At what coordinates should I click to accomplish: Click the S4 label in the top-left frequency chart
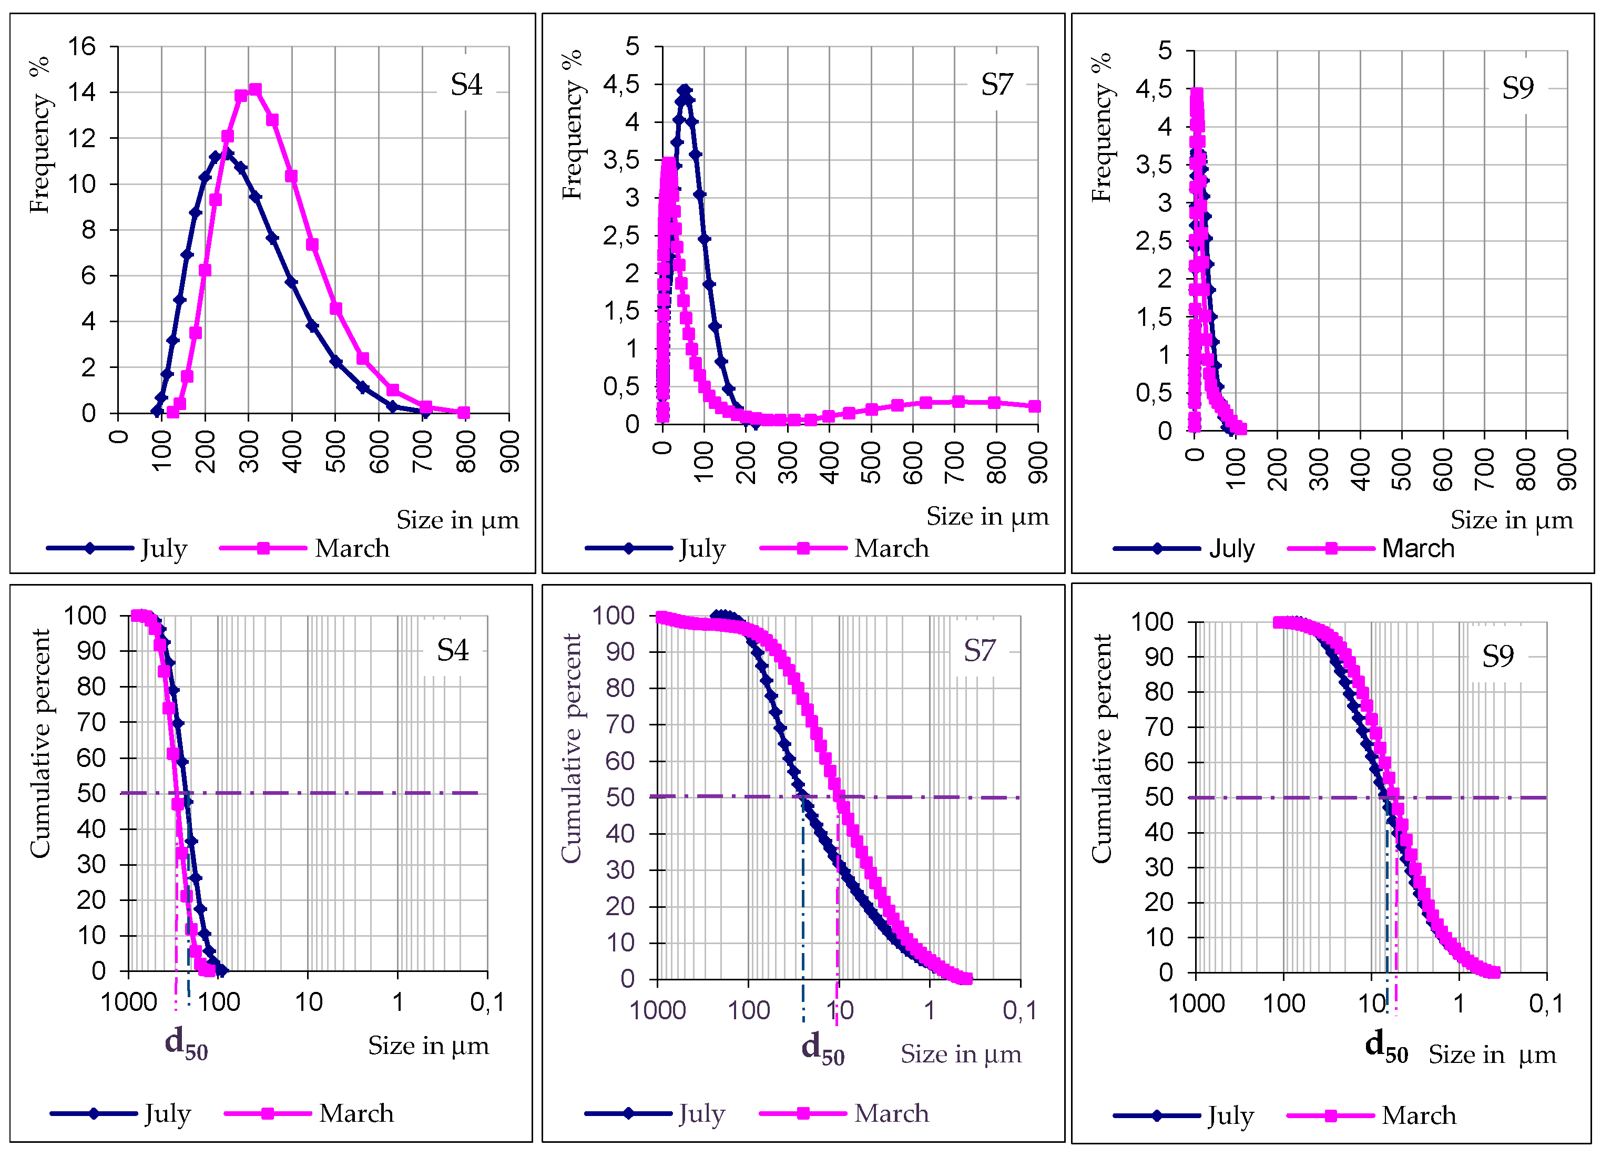click(466, 85)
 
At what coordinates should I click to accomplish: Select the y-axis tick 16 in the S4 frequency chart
click(82, 47)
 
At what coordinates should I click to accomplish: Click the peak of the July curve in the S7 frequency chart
click(684, 90)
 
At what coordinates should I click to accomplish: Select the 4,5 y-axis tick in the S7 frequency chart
click(621, 85)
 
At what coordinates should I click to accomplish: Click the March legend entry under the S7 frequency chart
click(891, 548)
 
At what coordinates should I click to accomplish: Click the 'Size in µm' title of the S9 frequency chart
click(1511, 520)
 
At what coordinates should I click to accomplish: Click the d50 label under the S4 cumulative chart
click(186, 1042)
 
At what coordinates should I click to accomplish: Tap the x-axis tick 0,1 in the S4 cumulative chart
click(487, 1002)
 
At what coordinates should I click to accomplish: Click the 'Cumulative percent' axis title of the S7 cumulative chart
click(570, 748)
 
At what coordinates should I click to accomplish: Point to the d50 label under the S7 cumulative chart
click(822, 1048)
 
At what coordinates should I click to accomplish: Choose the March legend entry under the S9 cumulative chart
click(1418, 1115)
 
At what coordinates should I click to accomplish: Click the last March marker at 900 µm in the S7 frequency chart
click(1034, 406)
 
